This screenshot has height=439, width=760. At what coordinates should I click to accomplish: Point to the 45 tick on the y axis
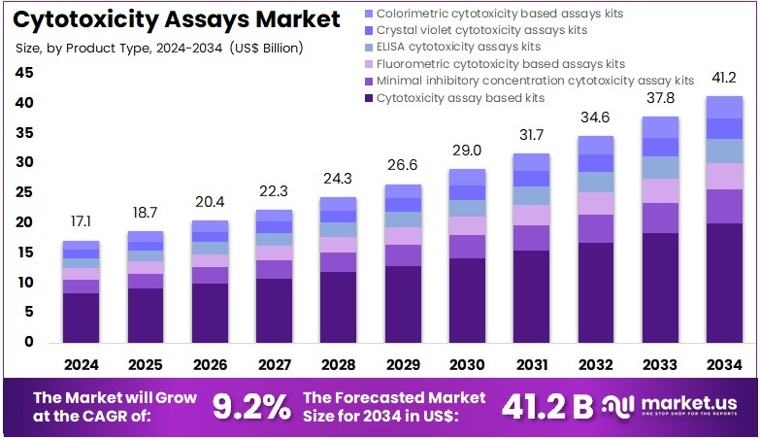pos(24,73)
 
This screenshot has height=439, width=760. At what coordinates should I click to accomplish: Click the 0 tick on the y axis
pos(29,342)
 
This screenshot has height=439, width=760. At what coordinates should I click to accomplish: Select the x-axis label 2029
pos(403,365)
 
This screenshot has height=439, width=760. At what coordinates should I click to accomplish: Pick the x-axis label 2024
pos(82,365)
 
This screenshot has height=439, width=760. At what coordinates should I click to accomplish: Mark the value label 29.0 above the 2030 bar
pos(467,152)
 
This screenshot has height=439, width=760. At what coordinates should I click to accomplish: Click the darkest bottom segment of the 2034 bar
pos(723,282)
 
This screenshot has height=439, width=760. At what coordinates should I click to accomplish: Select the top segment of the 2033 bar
pos(659,127)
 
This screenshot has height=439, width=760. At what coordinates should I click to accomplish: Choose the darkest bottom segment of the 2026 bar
pos(210,312)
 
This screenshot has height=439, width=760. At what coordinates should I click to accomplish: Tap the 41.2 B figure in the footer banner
pos(546,407)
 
